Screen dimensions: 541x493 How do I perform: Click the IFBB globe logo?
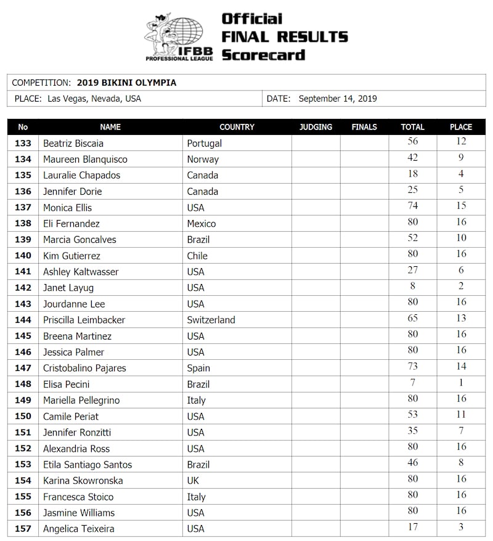tap(179, 37)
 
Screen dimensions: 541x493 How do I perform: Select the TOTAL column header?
tap(412, 127)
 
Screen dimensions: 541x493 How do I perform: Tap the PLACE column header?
tap(461, 127)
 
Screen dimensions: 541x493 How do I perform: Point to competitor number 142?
tap(23, 288)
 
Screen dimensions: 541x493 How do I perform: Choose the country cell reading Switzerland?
tap(211, 320)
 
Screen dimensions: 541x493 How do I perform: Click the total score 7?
tap(412, 383)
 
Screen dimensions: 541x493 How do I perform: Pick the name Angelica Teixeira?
tap(78, 529)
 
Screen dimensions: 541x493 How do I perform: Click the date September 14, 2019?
tap(337, 99)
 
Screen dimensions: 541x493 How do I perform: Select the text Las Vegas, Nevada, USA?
tap(94, 99)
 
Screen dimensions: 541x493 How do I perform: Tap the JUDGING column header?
tap(316, 127)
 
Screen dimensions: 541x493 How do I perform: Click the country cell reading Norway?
tap(203, 159)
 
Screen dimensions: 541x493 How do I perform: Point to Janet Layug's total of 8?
tap(412, 287)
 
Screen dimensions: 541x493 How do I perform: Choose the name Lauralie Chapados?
tap(81, 175)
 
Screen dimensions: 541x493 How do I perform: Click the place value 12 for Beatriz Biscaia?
tap(461, 142)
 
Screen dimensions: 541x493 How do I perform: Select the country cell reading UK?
tap(194, 481)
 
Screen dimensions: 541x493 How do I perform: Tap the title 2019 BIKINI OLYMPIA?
tap(126, 83)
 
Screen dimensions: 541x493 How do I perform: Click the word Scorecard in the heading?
tap(263, 55)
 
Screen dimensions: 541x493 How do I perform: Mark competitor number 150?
tap(23, 416)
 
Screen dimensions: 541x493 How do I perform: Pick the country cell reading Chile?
tap(197, 256)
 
